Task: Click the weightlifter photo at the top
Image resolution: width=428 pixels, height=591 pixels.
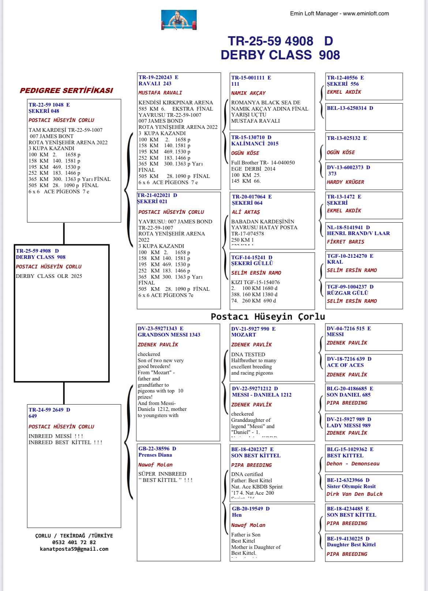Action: tap(179, 20)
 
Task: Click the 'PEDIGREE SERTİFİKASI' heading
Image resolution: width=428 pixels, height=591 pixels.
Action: tap(66, 90)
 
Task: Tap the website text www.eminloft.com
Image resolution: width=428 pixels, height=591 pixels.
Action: tap(366, 14)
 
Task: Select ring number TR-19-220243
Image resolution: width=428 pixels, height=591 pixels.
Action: tap(155, 77)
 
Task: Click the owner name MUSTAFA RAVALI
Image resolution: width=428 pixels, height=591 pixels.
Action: tap(160, 93)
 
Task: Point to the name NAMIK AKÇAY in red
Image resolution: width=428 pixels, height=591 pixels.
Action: tap(248, 93)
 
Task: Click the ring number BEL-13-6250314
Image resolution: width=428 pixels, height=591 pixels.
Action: tap(346, 108)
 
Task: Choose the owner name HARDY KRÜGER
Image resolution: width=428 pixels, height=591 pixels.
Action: tap(345, 182)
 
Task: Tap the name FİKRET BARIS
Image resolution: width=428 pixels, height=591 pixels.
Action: tap(345, 242)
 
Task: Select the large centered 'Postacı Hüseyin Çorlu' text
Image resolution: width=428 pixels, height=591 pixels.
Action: tap(268, 316)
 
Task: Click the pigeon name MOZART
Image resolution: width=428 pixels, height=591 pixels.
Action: tap(244, 335)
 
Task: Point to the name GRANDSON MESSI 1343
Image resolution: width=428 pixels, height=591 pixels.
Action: tap(169, 335)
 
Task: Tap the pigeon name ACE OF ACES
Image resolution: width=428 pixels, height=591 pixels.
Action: tap(345, 365)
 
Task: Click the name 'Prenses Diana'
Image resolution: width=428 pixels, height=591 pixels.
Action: tap(155, 455)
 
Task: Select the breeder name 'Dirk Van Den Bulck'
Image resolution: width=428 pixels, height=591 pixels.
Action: tap(354, 494)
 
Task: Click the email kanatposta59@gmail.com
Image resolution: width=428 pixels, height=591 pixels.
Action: tap(74, 549)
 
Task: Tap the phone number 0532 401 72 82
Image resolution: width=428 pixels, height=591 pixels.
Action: tap(74, 542)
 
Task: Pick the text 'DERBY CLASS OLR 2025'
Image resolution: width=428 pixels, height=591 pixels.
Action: tap(49, 276)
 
